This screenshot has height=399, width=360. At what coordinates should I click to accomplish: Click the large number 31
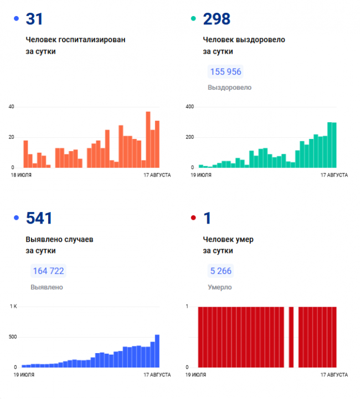[34, 19]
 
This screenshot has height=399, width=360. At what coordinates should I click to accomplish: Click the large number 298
[217, 19]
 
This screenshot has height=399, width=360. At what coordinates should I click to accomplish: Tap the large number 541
[39, 219]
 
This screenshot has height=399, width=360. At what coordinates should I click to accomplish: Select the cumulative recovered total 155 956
[225, 72]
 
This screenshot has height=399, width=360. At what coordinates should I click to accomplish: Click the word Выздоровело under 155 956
[229, 87]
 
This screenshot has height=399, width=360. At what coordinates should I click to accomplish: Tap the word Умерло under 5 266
[219, 287]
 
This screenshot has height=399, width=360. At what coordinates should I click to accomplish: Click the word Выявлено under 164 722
[47, 287]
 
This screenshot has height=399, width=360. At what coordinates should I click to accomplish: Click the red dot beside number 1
[193, 219]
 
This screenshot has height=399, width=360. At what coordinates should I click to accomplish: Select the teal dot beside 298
[193, 19]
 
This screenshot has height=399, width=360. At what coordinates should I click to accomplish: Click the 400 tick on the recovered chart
[189, 107]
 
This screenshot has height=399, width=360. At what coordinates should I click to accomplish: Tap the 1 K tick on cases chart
[13, 307]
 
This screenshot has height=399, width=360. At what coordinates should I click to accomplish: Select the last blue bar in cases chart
[157, 351]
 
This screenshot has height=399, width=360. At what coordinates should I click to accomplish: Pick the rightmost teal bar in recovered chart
[334, 145]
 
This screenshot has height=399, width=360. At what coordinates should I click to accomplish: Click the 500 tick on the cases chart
[13, 337]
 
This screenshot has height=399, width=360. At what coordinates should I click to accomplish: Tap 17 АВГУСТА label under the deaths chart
[335, 375]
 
